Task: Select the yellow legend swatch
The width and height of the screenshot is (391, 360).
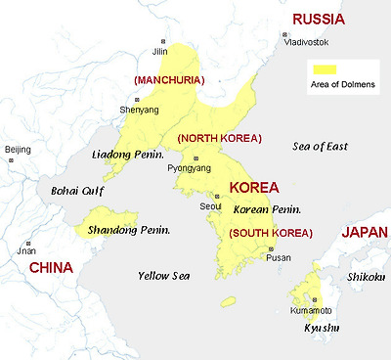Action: [x=324, y=68]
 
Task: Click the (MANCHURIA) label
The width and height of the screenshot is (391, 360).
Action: [x=162, y=78]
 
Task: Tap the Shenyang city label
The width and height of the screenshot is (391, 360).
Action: [x=138, y=110]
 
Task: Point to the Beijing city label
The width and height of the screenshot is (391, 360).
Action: [x=19, y=149]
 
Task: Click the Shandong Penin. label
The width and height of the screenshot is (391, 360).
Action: [x=129, y=230]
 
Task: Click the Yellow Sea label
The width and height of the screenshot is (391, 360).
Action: [x=163, y=275]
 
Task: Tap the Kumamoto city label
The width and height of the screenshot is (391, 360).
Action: [x=306, y=311]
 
